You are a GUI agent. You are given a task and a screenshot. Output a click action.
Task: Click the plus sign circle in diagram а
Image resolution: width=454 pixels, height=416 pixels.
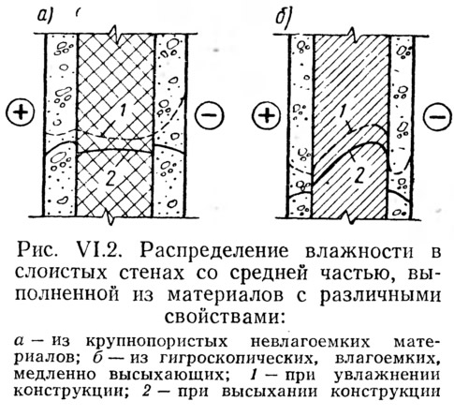click(21, 112)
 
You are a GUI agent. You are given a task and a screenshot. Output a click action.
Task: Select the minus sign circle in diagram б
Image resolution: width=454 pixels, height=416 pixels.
click(439, 116)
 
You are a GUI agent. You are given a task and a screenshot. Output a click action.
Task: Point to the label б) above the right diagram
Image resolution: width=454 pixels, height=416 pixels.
click(283, 17)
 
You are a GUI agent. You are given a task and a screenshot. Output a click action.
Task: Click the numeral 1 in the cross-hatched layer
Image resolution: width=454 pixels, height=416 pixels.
click(122, 111)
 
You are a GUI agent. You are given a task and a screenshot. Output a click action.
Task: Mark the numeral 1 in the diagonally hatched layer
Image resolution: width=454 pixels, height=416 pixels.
click(342, 111)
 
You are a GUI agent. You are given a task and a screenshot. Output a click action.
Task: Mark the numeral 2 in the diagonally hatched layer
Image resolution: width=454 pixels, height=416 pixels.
click(359, 176)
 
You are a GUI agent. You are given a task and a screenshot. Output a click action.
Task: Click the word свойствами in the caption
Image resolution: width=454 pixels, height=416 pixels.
click(225, 317)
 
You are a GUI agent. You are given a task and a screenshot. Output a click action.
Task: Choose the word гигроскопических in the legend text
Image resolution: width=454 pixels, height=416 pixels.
click(236, 359)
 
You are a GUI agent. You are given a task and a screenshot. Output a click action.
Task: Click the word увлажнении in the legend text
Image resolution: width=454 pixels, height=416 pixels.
click(386, 375)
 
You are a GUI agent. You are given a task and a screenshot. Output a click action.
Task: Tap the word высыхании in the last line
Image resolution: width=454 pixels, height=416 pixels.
click(271, 391)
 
